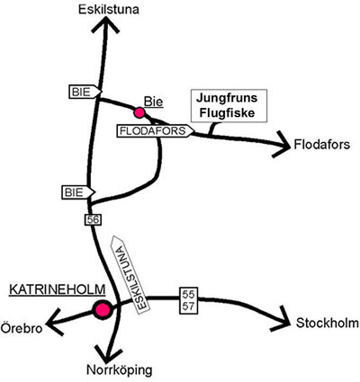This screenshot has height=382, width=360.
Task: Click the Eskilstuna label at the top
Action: (x=109, y=10)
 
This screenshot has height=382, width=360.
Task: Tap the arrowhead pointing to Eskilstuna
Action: (x=105, y=24)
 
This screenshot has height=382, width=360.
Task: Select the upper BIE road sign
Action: (x=85, y=92)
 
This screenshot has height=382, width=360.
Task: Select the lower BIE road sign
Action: (x=78, y=192)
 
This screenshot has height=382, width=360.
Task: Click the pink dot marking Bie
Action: (x=139, y=112)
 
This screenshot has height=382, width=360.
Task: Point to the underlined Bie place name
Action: (x=154, y=102)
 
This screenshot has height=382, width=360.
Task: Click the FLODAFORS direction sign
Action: (x=156, y=131)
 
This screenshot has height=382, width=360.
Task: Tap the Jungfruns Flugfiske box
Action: (x=229, y=106)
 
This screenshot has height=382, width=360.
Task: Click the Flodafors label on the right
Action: (x=322, y=145)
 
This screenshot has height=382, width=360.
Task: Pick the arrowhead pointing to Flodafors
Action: (x=282, y=145)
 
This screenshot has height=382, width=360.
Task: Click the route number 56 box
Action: (x=93, y=219)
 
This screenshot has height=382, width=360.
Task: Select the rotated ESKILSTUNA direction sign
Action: (x=130, y=274)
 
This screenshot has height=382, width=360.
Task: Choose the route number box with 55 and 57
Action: (x=189, y=300)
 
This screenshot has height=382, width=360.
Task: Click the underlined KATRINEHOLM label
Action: (x=58, y=290)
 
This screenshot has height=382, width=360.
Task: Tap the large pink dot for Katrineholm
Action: (x=102, y=309)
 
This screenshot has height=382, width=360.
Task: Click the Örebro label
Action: (x=22, y=328)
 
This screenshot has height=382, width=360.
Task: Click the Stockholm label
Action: (x=327, y=324)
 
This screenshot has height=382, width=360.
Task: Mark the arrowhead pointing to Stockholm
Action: (x=282, y=319)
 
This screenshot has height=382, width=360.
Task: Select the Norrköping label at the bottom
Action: (x=120, y=370)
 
